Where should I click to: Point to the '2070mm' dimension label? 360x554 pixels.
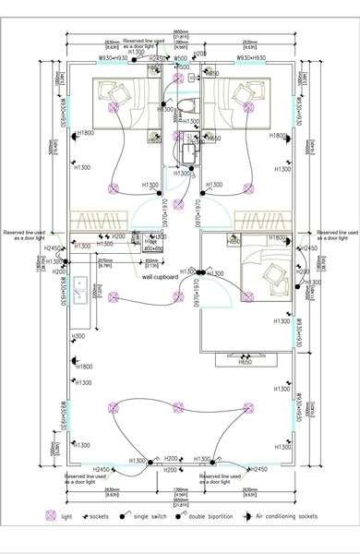[x=105, y=260]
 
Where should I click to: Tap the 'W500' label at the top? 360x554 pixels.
[x=183, y=57]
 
